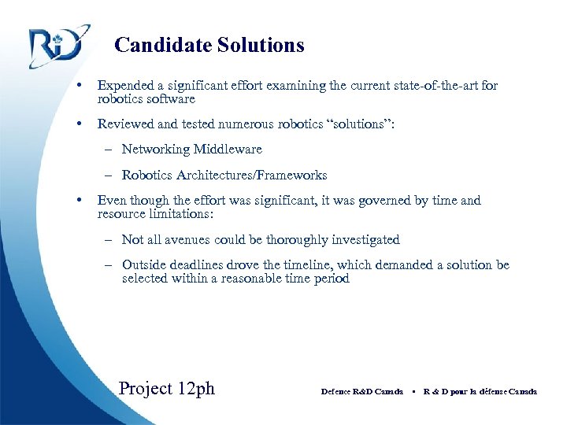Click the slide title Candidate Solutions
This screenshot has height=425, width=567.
point(209,46)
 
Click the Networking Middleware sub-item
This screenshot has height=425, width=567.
point(191,150)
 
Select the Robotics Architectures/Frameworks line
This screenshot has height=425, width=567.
point(224,176)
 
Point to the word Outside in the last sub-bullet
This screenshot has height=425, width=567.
point(144,265)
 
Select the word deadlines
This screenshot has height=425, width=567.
point(200,265)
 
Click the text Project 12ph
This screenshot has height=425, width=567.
point(166,388)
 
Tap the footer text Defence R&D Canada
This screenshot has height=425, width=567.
point(362,391)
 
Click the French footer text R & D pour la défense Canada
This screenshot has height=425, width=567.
point(480,391)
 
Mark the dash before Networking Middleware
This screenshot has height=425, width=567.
point(106,150)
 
